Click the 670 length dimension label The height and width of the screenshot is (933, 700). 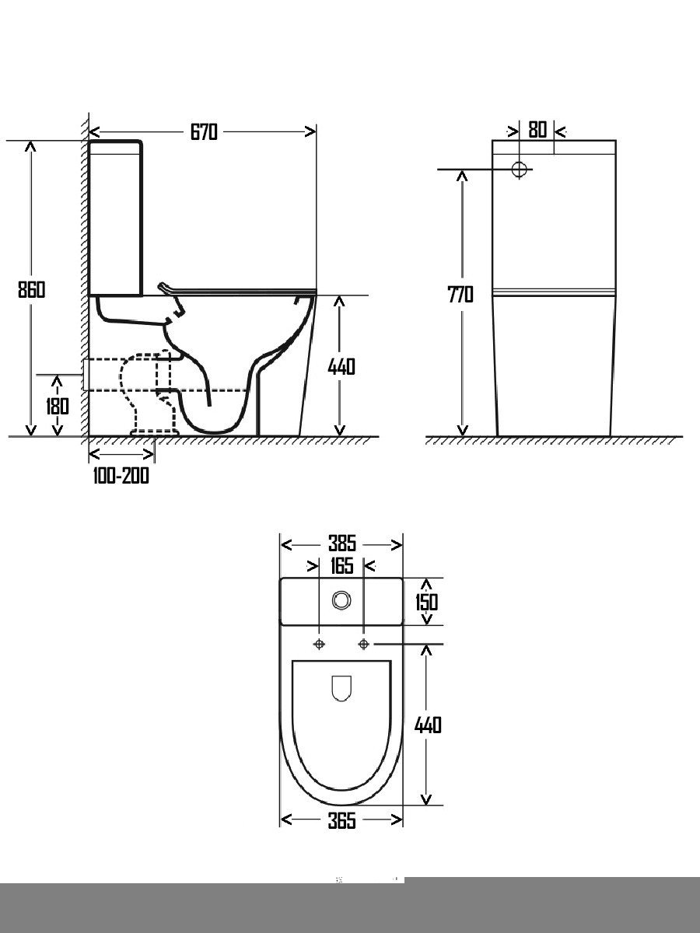coord(204,132)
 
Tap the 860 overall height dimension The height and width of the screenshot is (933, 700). coord(31,289)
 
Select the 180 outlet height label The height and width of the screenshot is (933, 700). coord(57,406)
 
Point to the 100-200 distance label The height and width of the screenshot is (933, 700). coord(121,476)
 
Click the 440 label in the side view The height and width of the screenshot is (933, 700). coord(341,367)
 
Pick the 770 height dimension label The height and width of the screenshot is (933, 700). coord(460,295)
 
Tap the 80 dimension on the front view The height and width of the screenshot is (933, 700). coord(537,130)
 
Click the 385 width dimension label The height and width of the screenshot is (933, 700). coord(342,543)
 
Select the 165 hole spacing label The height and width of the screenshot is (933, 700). coord(341,566)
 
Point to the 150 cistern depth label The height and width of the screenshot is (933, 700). coord(427,602)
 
